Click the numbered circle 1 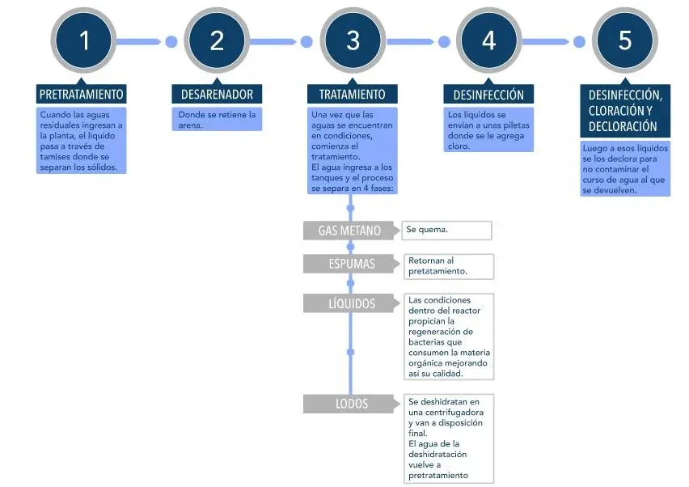point(83,40)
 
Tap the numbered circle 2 point(217,40)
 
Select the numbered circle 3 point(353,40)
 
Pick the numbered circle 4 point(488,40)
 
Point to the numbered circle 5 point(625,40)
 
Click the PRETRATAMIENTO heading point(82,94)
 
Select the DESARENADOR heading point(217,94)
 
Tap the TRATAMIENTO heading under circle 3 point(353,94)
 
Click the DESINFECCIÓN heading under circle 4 point(488,94)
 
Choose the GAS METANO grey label point(350,231)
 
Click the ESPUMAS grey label point(352,264)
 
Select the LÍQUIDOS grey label point(352,303)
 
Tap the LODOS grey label point(352,404)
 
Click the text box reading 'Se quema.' point(446,231)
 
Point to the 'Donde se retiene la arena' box point(217,119)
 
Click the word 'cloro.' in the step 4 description point(459,146)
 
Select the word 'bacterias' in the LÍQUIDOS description point(428,342)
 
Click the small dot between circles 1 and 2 point(171,42)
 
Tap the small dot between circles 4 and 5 point(580,42)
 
